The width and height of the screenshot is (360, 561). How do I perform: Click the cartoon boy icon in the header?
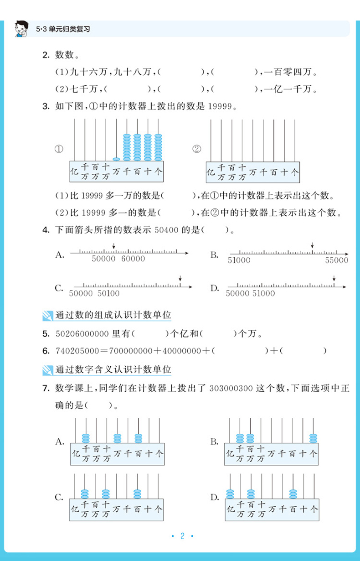21,28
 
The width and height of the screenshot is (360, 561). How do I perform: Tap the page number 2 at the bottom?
182,536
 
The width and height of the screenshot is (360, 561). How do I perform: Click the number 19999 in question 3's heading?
220,107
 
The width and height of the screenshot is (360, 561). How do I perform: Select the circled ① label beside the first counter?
59,149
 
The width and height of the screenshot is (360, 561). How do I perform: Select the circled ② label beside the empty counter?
196,149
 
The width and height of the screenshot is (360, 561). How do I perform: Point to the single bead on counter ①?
117,159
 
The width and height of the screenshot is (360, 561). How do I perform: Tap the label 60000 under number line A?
133,259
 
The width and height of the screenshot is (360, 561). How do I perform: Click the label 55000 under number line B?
337,260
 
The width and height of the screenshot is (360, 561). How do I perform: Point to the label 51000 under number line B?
239,260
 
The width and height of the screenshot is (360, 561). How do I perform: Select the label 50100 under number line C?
108,293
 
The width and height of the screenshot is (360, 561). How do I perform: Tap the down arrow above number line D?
334,278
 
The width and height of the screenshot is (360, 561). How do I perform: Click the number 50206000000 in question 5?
81,334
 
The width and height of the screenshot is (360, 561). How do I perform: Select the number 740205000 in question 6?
77,351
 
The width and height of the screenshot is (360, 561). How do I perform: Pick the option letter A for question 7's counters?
60,441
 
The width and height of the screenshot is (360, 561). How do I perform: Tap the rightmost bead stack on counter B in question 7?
313,438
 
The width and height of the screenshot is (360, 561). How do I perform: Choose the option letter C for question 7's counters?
59,497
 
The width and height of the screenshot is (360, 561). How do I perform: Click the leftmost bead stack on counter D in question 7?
230,494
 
